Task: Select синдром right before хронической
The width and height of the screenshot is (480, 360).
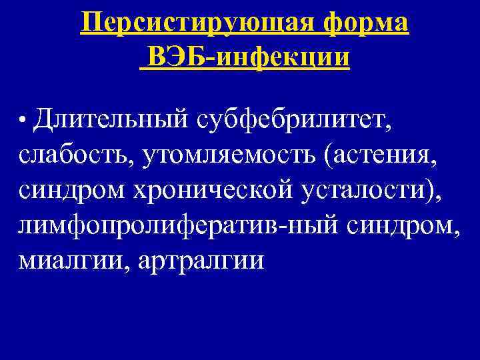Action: click(73, 191)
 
